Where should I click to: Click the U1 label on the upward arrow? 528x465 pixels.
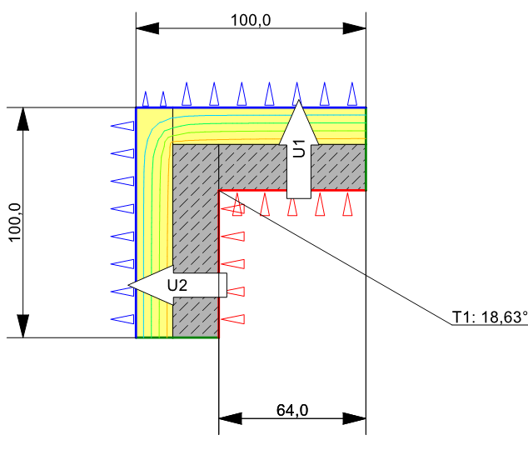pos(299,148)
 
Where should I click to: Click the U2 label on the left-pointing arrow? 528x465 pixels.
pos(177,285)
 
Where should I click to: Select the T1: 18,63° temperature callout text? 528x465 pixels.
pos(490,317)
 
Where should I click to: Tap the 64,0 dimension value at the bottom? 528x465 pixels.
pos(292,410)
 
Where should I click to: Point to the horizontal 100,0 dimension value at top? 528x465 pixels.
pos(251,20)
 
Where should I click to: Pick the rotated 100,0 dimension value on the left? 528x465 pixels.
pos(15,222)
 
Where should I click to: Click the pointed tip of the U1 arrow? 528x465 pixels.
pos(298,100)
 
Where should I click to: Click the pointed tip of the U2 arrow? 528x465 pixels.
pos(129,285)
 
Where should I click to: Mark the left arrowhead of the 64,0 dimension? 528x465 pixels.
pos(231,418)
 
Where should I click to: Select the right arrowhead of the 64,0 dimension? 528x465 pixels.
pos(354,418)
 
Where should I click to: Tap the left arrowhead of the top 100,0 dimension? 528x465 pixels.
pos(147,28)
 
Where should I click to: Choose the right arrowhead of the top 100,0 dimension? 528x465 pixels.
pos(354,28)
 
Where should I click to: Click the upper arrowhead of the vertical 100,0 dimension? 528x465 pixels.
pos(22,119)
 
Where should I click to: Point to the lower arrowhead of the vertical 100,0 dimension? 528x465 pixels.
pos(22,326)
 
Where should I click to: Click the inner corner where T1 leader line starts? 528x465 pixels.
pos(219,191)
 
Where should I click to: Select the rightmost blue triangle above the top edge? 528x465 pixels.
pos(352,94)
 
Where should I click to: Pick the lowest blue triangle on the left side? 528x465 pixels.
pos(122,319)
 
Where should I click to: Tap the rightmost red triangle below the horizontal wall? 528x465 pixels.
pos(347,204)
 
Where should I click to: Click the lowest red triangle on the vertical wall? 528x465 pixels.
pos(232,319)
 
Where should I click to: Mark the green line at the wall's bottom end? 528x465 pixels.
pos(177,337)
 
